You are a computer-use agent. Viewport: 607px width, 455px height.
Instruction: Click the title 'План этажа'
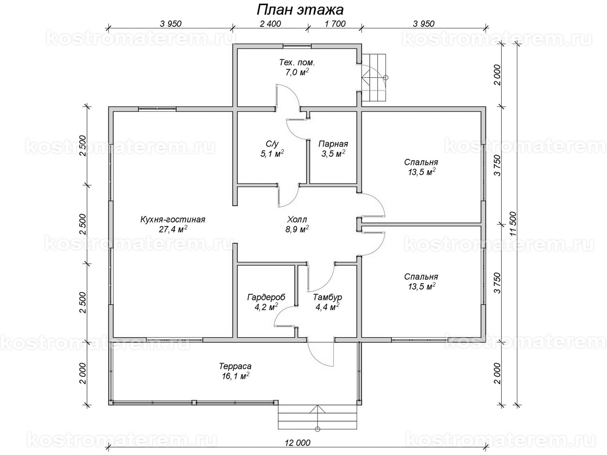point(300,10)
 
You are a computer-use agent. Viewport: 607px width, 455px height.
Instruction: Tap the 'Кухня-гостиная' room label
point(173,219)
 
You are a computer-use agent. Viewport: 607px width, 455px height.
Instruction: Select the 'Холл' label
point(297,219)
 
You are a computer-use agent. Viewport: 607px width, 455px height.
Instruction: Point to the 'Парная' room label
point(333,144)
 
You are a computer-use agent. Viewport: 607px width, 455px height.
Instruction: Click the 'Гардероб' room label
point(266,297)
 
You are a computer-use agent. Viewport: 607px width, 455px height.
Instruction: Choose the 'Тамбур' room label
point(327,297)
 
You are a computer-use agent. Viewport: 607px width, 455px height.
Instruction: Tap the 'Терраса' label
point(235,367)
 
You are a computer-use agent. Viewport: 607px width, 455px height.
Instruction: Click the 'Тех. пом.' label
point(297,62)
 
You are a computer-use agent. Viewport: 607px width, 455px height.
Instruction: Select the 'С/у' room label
point(272,144)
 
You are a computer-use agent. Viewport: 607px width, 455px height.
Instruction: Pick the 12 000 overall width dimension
point(297,443)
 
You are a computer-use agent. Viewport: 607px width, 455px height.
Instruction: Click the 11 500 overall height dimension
point(512,224)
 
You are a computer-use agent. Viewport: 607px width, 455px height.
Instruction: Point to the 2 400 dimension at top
point(270,24)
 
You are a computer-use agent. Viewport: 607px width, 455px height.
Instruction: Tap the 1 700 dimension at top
point(335,24)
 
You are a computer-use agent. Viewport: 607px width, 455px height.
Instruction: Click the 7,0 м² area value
point(297,72)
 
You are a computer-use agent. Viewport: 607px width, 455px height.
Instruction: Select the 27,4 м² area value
point(173,230)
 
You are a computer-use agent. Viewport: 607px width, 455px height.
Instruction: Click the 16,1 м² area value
point(235,376)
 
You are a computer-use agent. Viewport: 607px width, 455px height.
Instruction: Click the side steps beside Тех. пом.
point(374,77)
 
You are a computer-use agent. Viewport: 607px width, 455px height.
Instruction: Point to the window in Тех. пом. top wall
point(297,46)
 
